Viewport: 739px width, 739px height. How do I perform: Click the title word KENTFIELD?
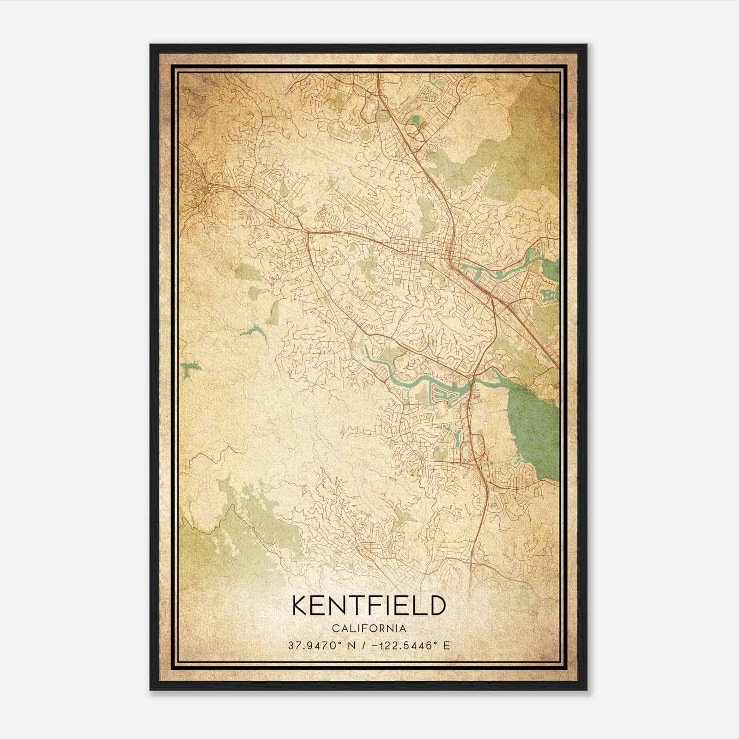(x=369, y=606)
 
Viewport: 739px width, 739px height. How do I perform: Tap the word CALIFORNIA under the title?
(x=369, y=629)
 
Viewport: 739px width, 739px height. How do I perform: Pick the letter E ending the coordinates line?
(x=446, y=646)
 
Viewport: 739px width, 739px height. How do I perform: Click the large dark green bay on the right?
(x=531, y=425)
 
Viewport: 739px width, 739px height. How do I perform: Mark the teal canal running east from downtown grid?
(x=499, y=273)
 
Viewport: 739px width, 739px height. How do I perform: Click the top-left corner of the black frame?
(x=151, y=45)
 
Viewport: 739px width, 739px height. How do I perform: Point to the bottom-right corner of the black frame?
(x=586, y=690)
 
